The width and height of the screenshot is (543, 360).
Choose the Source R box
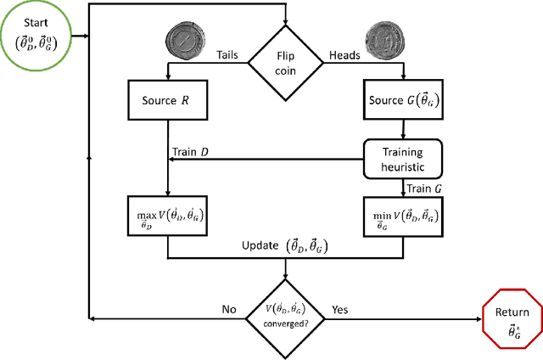167,99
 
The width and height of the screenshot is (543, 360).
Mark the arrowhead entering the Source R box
167,77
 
